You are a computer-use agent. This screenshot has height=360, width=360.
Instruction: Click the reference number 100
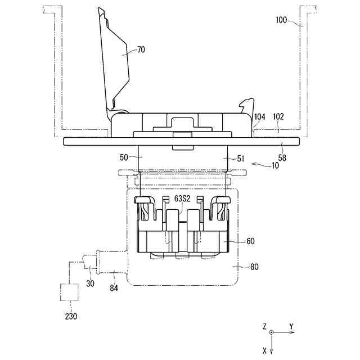tap(281, 20)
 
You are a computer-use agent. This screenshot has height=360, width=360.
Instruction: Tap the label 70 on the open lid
tap(141, 49)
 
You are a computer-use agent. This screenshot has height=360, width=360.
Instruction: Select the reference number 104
tap(260, 117)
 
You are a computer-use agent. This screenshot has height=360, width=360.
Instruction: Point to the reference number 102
tap(278, 116)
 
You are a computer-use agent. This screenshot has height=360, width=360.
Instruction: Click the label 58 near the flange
tap(282, 158)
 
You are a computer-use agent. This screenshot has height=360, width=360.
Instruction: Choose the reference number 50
tap(124, 157)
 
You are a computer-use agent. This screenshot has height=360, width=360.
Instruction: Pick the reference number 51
tap(241, 159)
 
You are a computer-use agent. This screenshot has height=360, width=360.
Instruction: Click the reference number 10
tap(275, 165)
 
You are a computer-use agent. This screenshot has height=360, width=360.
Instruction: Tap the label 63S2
tap(182, 199)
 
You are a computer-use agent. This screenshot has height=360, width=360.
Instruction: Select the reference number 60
tap(250, 241)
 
